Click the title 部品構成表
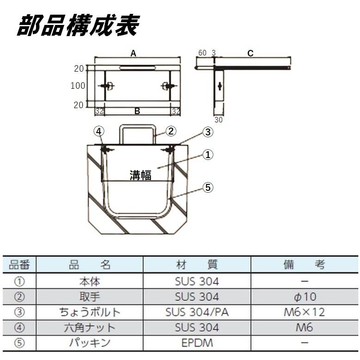tap(78, 25)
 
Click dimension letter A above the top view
tap(133, 53)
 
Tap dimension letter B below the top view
tap(137, 111)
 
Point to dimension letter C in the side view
tap(250, 53)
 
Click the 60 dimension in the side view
tap(202, 53)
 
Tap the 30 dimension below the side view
tap(219, 119)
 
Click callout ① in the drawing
tap(208, 155)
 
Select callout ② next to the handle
tap(171, 131)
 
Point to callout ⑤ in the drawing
tap(208, 187)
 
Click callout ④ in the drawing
tap(98, 131)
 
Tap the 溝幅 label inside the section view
tap(140, 175)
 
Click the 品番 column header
tap(19, 264)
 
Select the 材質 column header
tap(197, 264)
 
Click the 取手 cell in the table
tap(90, 296)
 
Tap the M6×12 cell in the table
tap(304, 312)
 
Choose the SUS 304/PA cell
tap(197, 312)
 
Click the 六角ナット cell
tap(90, 328)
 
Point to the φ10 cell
tap(304, 296)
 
